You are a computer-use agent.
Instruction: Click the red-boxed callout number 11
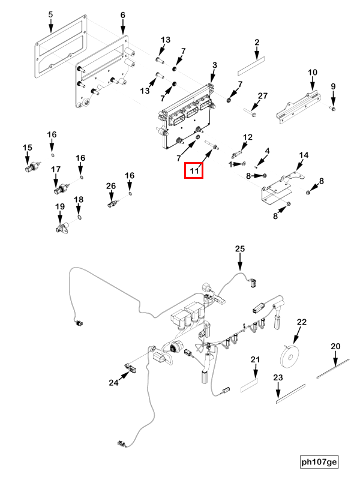(194, 171)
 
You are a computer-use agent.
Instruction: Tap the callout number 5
(50, 14)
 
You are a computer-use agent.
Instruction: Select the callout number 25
(240, 249)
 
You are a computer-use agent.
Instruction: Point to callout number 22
(301, 322)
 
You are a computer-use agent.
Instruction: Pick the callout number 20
(335, 346)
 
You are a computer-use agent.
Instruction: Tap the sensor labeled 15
(31, 166)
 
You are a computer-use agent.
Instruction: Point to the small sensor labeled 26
(112, 204)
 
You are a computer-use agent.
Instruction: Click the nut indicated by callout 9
(334, 109)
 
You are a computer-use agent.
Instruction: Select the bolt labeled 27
(251, 110)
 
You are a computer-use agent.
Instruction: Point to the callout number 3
(214, 64)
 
